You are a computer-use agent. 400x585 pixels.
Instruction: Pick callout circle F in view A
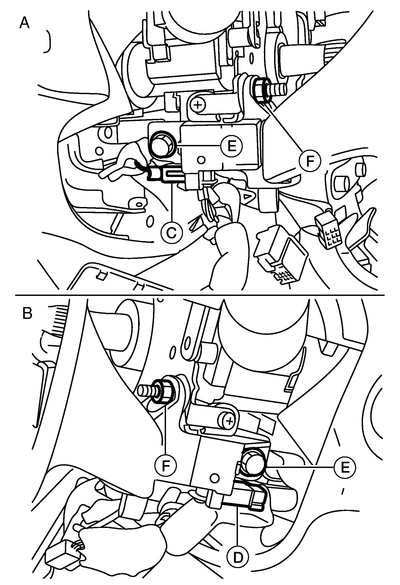coord(310,161)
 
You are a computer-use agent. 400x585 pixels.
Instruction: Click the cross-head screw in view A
coord(198,105)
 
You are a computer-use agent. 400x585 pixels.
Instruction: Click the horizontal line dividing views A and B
coord(200,295)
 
